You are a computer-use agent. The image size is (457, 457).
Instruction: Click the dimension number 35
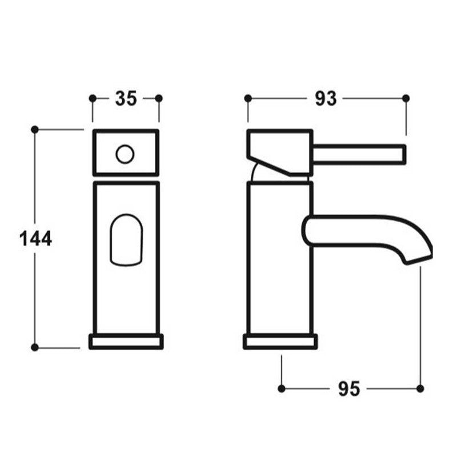(x=126, y=98)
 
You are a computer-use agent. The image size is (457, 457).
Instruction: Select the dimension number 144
(x=35, y=238)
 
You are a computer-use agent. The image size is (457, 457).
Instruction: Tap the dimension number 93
(x=326, y=98)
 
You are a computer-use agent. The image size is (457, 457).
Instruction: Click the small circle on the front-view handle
(x=125, y=154)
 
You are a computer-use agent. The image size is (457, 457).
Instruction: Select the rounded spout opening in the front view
(x=125, y=239)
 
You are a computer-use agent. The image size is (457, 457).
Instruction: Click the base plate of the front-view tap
(x=126, y=342)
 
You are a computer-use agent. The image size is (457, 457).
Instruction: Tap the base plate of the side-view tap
(x=280, y=342)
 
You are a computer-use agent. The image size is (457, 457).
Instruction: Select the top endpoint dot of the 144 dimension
(x=34, y=130)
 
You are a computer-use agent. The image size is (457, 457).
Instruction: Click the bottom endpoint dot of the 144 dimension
(x=34, y=347)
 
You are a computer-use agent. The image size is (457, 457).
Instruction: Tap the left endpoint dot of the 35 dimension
(x=93, y=98)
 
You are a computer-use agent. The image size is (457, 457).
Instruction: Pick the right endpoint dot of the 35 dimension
(x=159, y=98)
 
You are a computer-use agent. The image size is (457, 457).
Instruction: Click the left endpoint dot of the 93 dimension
(x=248, y=98)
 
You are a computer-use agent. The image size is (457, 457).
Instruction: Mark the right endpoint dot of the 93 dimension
(x=406, y=98)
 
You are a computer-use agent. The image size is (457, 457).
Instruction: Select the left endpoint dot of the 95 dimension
(x=281, y=388)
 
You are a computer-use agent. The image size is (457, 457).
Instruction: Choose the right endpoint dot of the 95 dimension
(x=420, y=388)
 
